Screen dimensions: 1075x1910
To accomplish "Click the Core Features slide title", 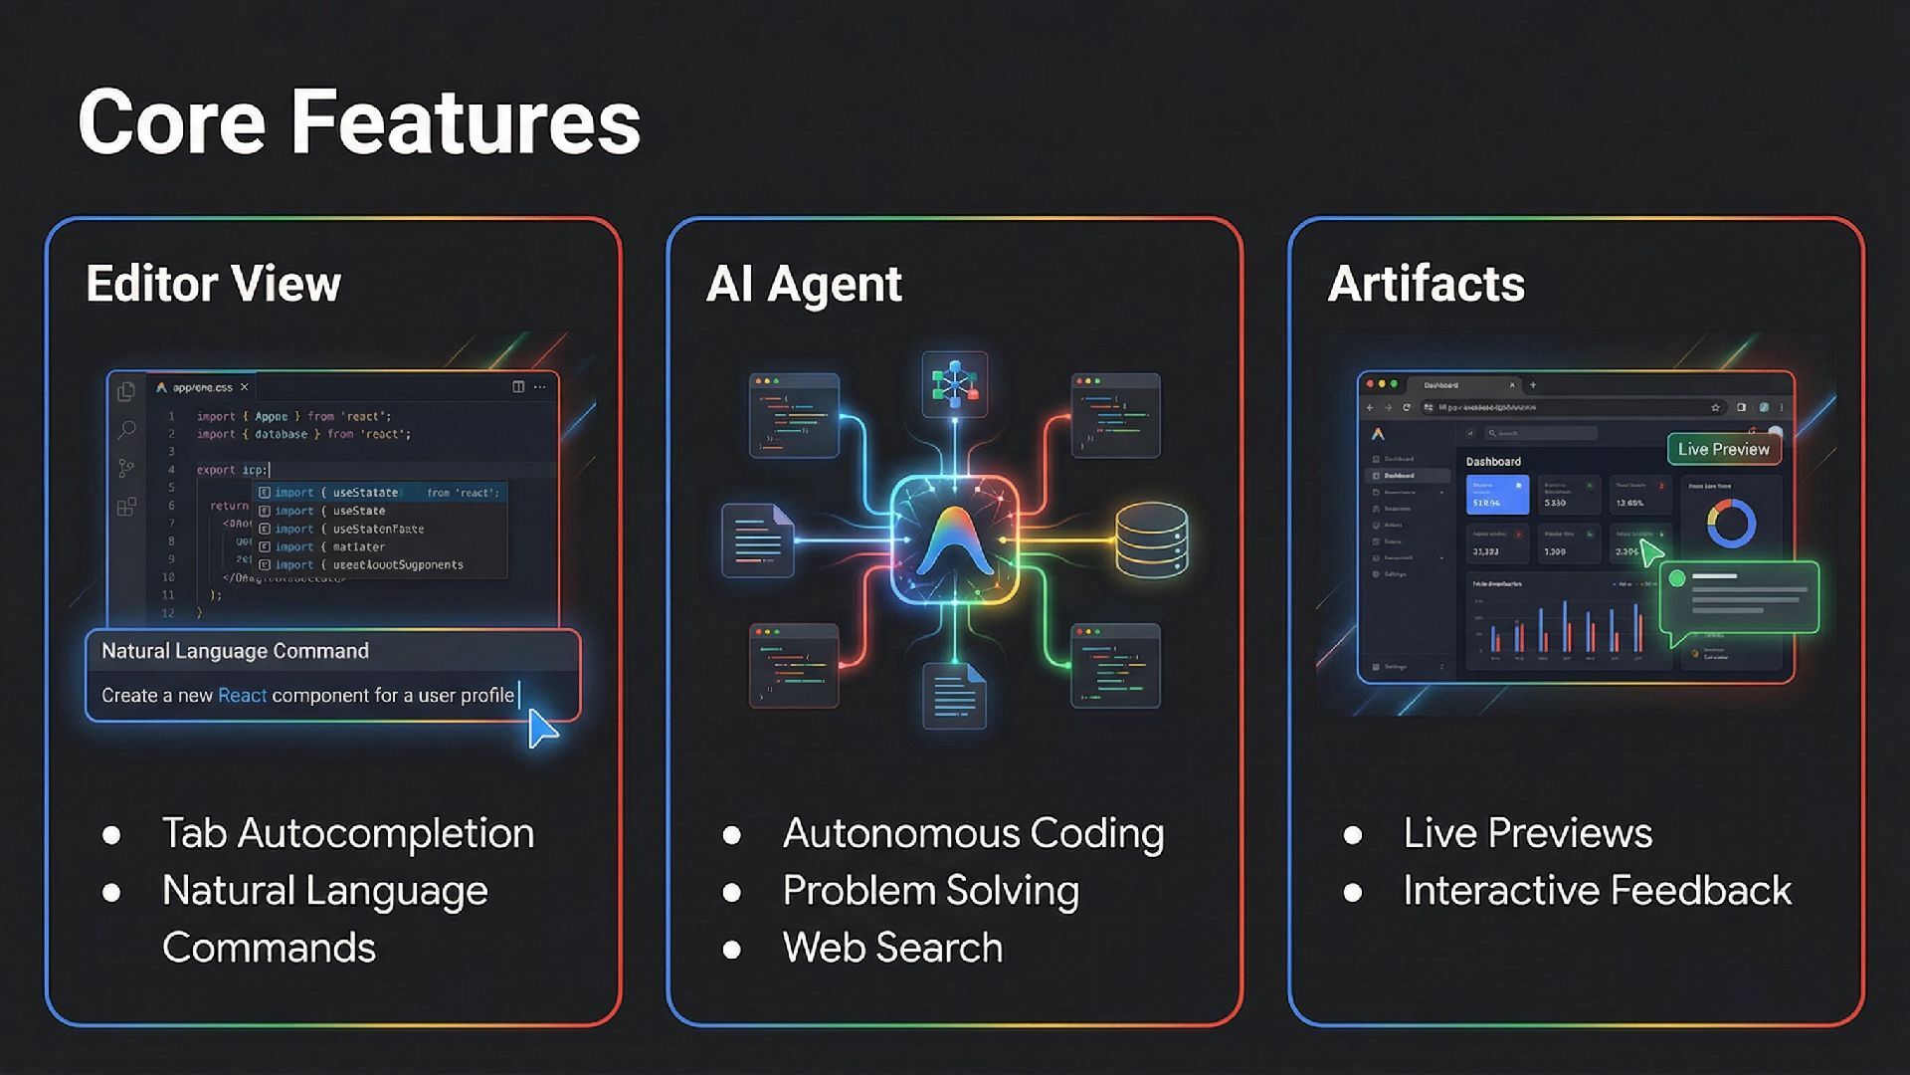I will click(359, 121).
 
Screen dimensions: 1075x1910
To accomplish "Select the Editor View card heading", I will click(213, 284).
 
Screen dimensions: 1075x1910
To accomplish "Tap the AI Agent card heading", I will click(803, 284).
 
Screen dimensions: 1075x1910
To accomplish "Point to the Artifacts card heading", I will click(1426, 284).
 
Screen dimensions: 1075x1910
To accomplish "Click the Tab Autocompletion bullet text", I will click(347, 833).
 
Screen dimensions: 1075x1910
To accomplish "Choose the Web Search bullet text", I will click(892, 948).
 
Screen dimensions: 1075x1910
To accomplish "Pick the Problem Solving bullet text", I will click(930, 891).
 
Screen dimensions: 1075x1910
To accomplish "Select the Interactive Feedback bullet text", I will click(1597, 891).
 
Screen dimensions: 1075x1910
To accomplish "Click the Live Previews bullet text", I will click(1527, 833).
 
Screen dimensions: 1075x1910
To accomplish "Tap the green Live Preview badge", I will click(1723, 449).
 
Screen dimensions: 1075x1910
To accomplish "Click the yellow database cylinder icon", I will click(1151, 540).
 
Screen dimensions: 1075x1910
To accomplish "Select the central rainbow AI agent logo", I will click(955, 540).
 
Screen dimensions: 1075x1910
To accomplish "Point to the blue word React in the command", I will click(242, 696).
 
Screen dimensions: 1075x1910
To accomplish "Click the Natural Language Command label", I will click(235, 651).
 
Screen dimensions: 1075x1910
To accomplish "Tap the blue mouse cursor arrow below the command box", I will click(541, 728).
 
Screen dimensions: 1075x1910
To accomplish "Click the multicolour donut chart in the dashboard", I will click(1731, 524).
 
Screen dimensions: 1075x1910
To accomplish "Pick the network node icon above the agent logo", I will click(955, 383).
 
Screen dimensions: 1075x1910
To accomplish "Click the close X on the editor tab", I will click(244, 387).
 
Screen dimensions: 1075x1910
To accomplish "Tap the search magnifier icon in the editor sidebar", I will click(127, 430).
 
